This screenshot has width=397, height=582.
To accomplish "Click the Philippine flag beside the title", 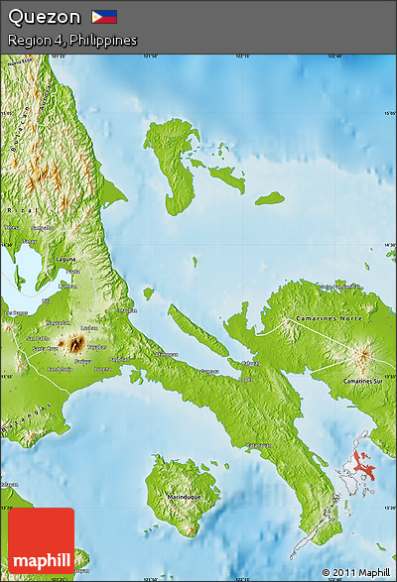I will [104, 17].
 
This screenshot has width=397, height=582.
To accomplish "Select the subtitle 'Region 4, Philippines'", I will [71, 40].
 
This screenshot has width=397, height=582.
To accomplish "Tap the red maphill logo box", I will [41, 540].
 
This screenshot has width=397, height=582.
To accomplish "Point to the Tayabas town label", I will [96, 347].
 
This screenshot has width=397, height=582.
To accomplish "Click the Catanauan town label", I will [260, 445].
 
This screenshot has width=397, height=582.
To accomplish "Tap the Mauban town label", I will [128, 310].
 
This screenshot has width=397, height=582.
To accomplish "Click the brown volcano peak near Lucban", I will [73, 344].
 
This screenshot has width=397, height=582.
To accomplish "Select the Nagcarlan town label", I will [59, 322].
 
